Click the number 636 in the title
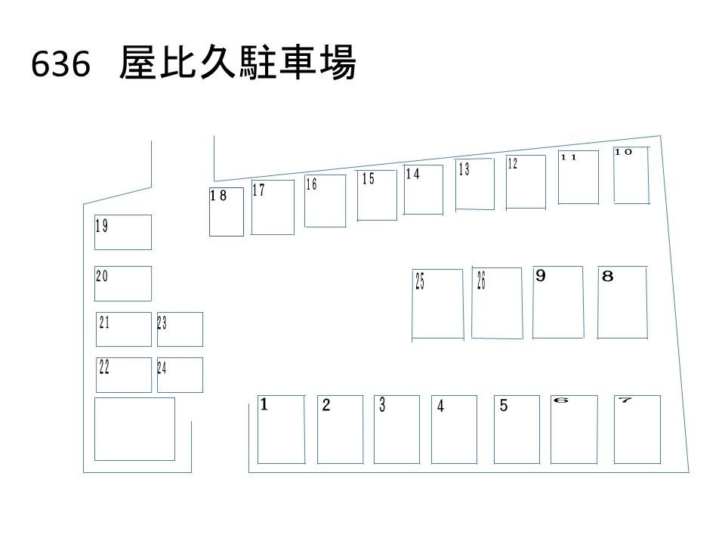pyautogui.click(x=61, y=66)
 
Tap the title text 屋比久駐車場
pyautogui.click(x=237, y=65)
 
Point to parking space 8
pyautogui.click(x=622, y=302)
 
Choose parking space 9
pyautogui.click(x=557, y=302)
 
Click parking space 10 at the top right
pyautogui.click(x=631, y=175)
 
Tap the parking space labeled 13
pyautogui.click(x=475, y=184)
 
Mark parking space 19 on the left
pyautogui.click(x=123, y=232)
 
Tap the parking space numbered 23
pyautogui.click(x=180, y=329)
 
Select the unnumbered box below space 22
pyautogui.click(x=134, y=428)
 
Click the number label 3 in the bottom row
pyautogui.click(x=383, y=405)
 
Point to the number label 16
pyautogui.click(x=311, y=184)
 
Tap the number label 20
pyautogui.click(x=102, y=277)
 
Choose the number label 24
pyautogui.click(x=162, y=369)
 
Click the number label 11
pyautogui.click(x=569, y=157)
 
